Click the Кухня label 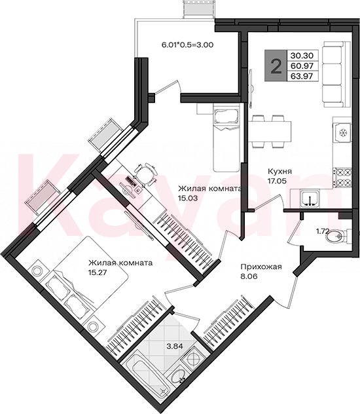[x=279, y=171]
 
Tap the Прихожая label [x=261, y=267]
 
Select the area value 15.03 [x=188, y=198]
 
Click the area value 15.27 [x=98, y=273]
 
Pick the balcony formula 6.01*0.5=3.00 [x=187, y=45]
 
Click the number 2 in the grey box [x=276, y=66]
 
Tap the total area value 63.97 [x=302, y=76]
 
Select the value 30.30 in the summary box [x=302, y=56]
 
